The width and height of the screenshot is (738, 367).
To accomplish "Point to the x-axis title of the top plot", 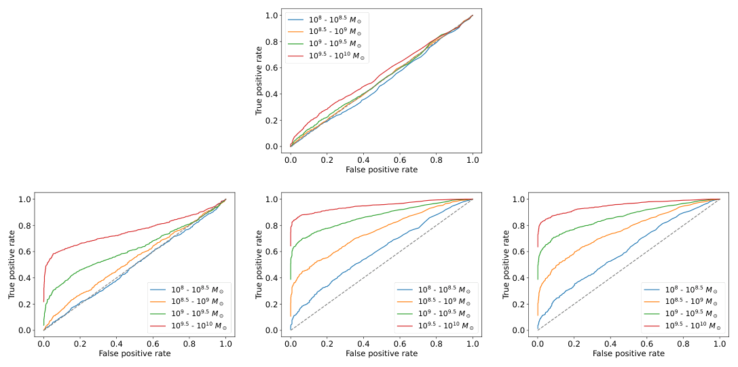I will (382, 170).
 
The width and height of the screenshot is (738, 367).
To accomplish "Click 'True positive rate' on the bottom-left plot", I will (12, 264).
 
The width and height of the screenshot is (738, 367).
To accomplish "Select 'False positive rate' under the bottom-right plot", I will (629, 353).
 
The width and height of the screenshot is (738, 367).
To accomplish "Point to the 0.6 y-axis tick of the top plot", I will (272, 68).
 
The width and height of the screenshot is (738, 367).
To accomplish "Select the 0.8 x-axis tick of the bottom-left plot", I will (189, 343).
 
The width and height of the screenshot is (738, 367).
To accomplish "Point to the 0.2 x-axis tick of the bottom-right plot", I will (574, 343).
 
